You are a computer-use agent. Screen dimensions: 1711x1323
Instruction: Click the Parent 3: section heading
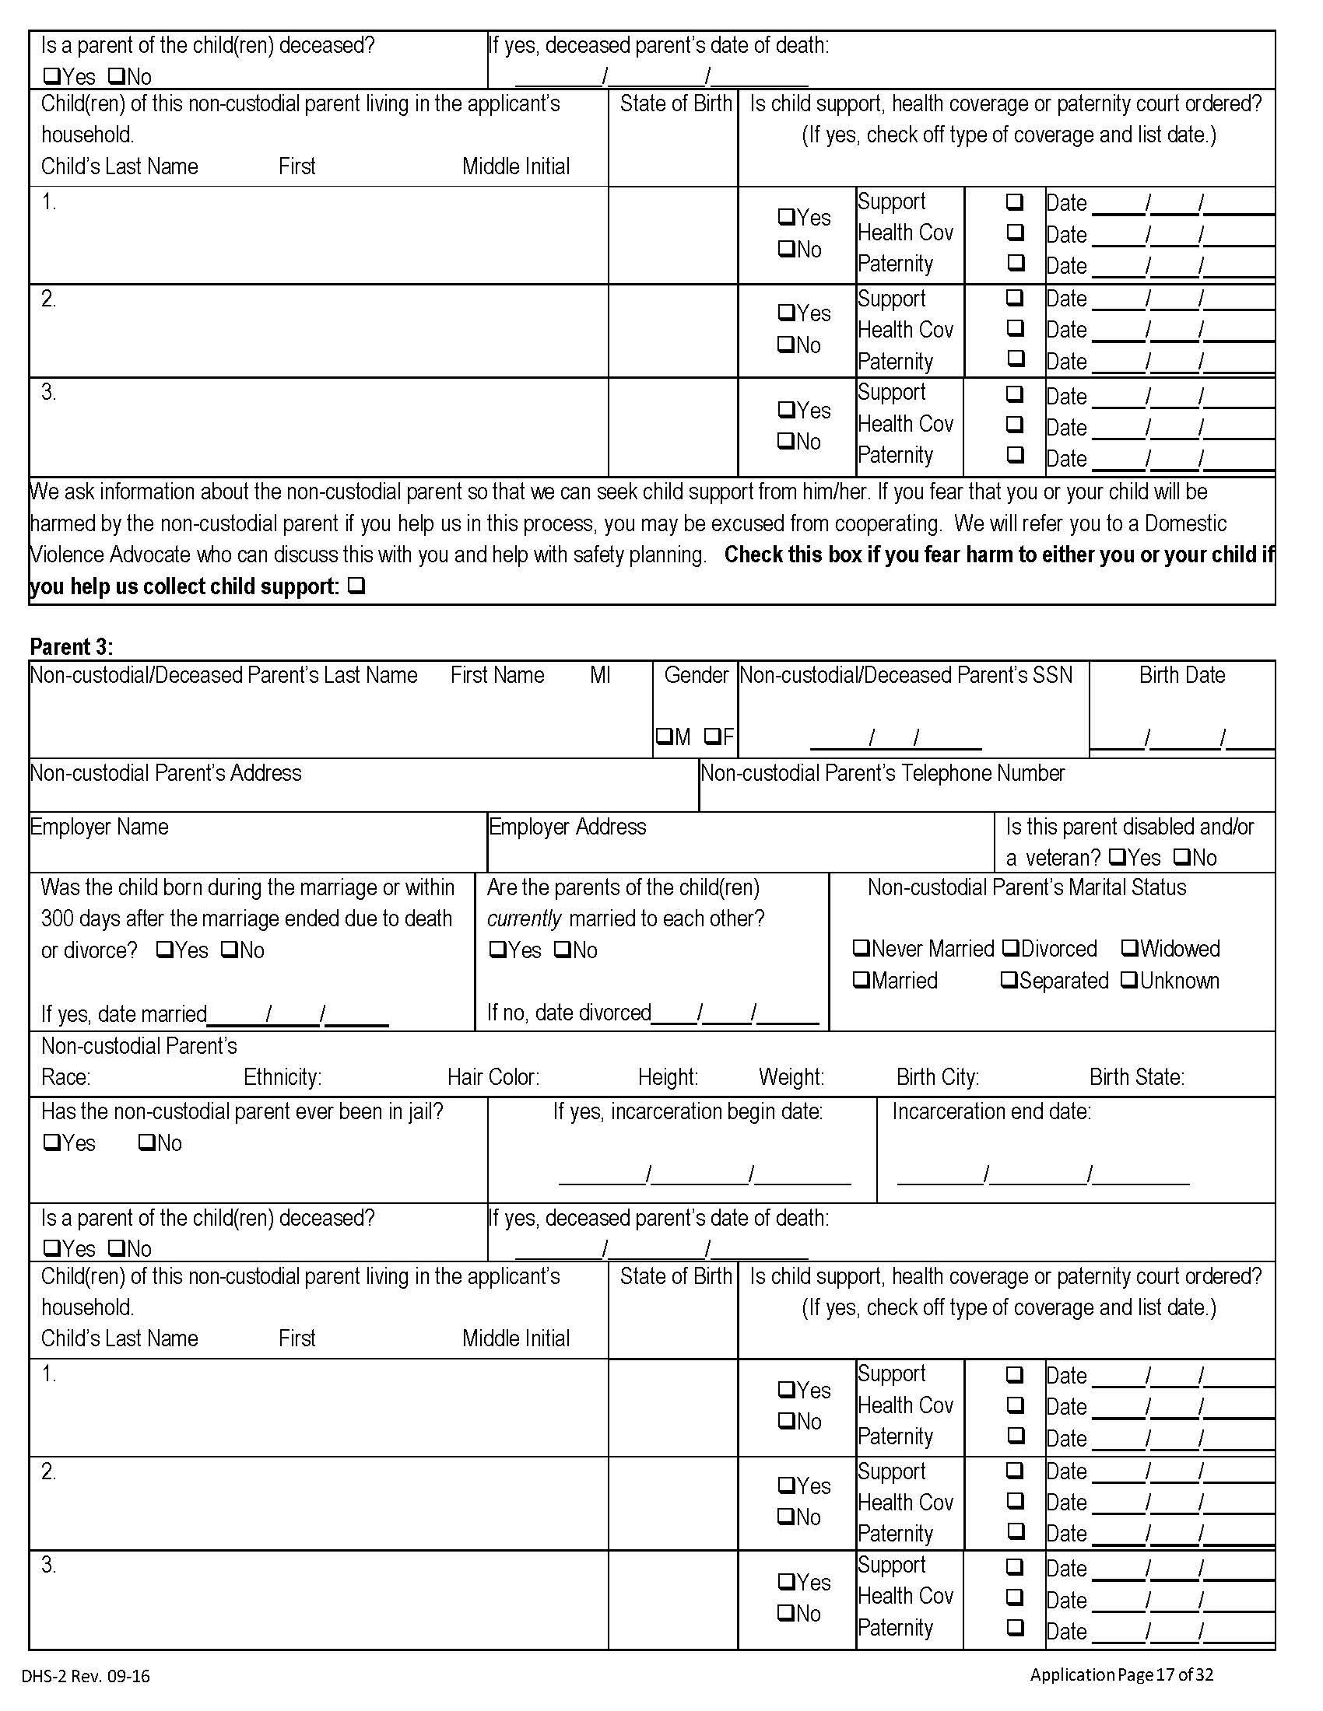click(72, 646)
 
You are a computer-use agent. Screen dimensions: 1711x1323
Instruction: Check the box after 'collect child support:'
click(356, 586)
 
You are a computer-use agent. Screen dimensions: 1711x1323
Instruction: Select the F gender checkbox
click(711, 737)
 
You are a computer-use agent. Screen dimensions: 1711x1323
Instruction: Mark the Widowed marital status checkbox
click(1129, 948)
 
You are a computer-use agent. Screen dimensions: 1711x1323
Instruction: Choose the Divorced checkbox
click(1010, 948)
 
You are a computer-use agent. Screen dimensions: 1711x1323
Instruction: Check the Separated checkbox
click(1009, 980)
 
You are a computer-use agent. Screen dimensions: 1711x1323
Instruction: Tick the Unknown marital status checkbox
click(1129, 980)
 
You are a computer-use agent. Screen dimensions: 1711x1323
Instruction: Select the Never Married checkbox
click(861, 948)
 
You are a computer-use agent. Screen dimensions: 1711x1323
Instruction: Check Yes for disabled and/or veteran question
click(1119, 857)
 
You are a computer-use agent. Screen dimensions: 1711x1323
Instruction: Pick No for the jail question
click(146, 1142)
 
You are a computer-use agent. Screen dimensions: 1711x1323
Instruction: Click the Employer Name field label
click(100, 827)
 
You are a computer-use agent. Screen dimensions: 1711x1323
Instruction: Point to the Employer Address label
click(567, 827)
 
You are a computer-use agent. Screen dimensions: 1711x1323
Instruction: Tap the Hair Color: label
click(493, 1077)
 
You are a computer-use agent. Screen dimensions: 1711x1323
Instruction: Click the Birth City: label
click(938, 1077)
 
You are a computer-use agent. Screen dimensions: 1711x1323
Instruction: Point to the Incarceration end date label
click(991, 1111)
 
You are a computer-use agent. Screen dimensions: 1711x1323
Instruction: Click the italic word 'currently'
click(525, 918)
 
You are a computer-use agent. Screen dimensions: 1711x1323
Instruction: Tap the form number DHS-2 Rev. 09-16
click(86, 1676)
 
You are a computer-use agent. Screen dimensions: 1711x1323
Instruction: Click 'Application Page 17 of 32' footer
click(1121, 1674)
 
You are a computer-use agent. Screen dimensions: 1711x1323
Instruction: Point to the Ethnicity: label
click(282, 1077)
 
